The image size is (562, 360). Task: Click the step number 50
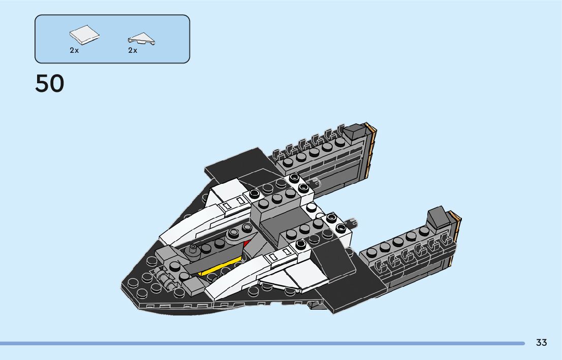[50, 84]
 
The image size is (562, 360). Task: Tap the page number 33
[541, 343]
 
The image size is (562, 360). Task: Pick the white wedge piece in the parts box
[142, 39]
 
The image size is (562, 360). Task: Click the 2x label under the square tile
[74, 50]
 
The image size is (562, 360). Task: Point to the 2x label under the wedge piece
[133, 50]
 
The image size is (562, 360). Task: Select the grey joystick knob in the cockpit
[194, 249]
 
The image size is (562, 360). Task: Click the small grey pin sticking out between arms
[350, 222]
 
